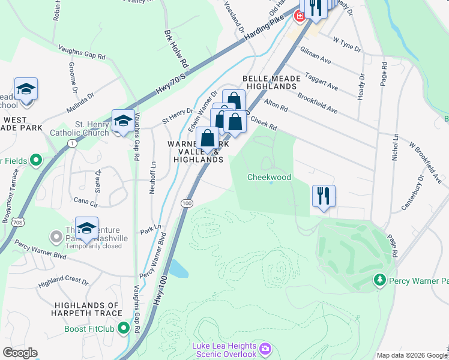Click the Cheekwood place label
(269, 177)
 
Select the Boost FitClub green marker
(124, 328)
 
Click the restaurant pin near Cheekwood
(324, 196)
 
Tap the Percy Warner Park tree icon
(379, 280)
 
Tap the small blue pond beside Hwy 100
(179, 268)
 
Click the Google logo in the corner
(20, 353)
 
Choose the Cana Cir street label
(85, 201)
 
